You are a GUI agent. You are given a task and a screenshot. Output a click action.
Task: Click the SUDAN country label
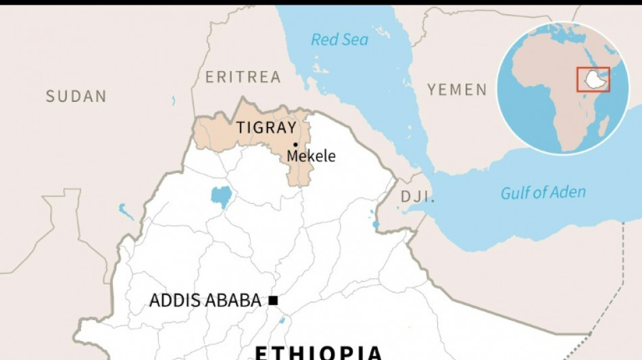coord(76,97)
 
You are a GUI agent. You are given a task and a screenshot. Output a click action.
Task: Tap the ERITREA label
coord(243,77)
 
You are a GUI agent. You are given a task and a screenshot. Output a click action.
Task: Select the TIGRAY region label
coord(266,128)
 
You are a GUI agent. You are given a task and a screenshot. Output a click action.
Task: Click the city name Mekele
coord(311,156)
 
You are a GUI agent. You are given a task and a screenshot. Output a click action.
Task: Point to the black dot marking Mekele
coord(295,145)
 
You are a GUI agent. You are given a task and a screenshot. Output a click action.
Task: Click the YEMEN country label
coord(457,90)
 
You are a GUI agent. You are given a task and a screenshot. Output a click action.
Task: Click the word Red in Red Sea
coord(324,40)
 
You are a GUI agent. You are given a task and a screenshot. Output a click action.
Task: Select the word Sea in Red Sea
coord(355,40)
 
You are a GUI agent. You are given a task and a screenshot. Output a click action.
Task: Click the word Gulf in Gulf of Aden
coord(514,193)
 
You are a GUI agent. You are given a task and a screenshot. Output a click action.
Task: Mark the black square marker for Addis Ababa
coord(273,301)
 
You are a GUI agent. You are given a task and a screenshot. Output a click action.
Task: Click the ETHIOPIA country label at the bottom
coord(318,353)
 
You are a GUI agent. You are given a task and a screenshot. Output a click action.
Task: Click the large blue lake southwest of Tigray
coord(220,196)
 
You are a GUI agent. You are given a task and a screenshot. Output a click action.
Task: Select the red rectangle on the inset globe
coord(593,80)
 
